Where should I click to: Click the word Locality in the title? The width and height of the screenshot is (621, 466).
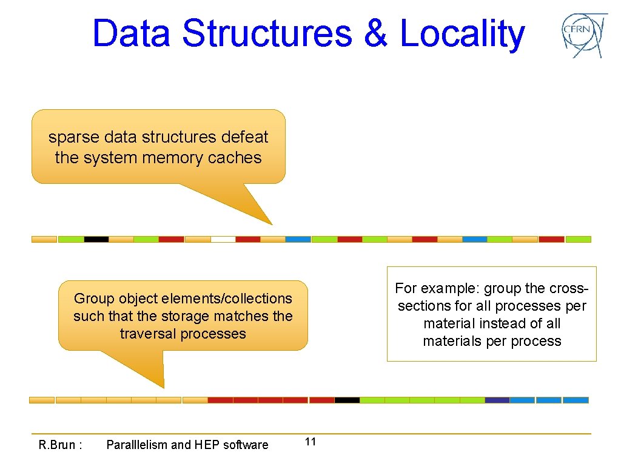462,33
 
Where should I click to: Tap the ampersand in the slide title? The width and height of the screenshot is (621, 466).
376,33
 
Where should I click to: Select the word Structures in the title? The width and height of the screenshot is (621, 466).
267,33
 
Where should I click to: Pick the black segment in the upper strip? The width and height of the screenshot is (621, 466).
96,239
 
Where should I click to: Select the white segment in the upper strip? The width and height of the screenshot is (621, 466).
223,239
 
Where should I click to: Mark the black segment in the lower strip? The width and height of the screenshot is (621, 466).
347,400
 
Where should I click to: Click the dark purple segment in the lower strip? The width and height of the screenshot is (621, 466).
497,400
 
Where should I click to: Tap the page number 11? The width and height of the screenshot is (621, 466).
310,442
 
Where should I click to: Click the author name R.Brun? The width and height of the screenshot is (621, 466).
60,445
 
